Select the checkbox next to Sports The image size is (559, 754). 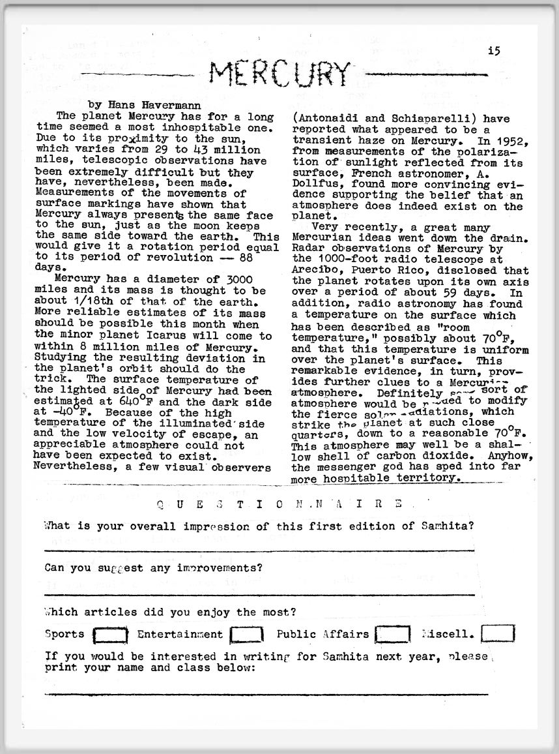point(111,634)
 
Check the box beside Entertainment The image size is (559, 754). point(247,634)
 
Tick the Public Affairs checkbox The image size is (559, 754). point(394,634)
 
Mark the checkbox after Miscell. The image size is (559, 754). point(498,633)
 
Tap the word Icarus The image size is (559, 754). point(172,336)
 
